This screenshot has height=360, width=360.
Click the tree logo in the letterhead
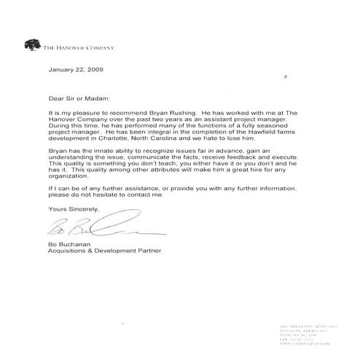click(x=33, y=45)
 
